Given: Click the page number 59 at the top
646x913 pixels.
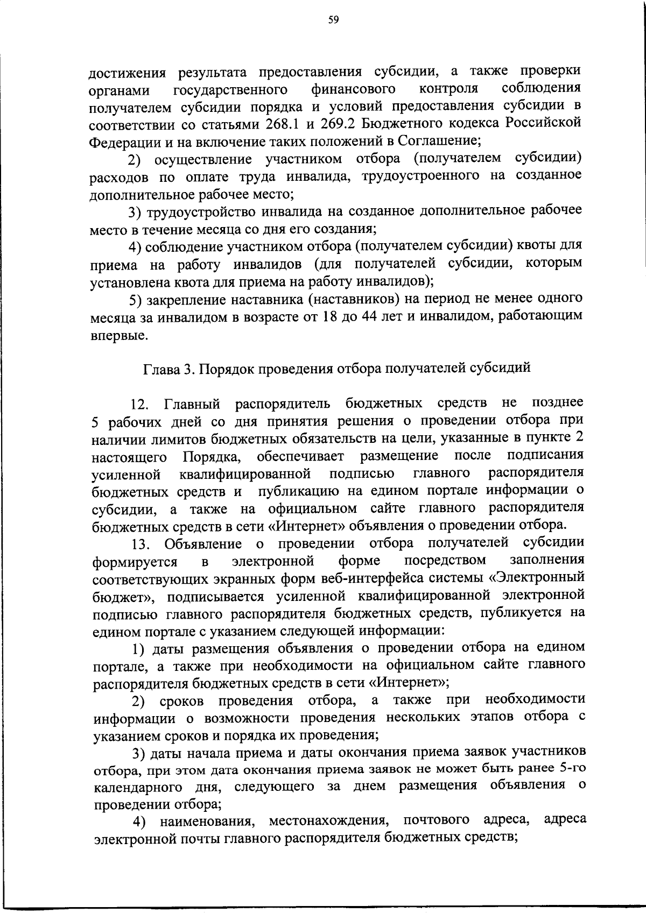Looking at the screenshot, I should pos(333,21).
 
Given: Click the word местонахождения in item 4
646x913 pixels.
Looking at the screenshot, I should pos(328,821).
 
